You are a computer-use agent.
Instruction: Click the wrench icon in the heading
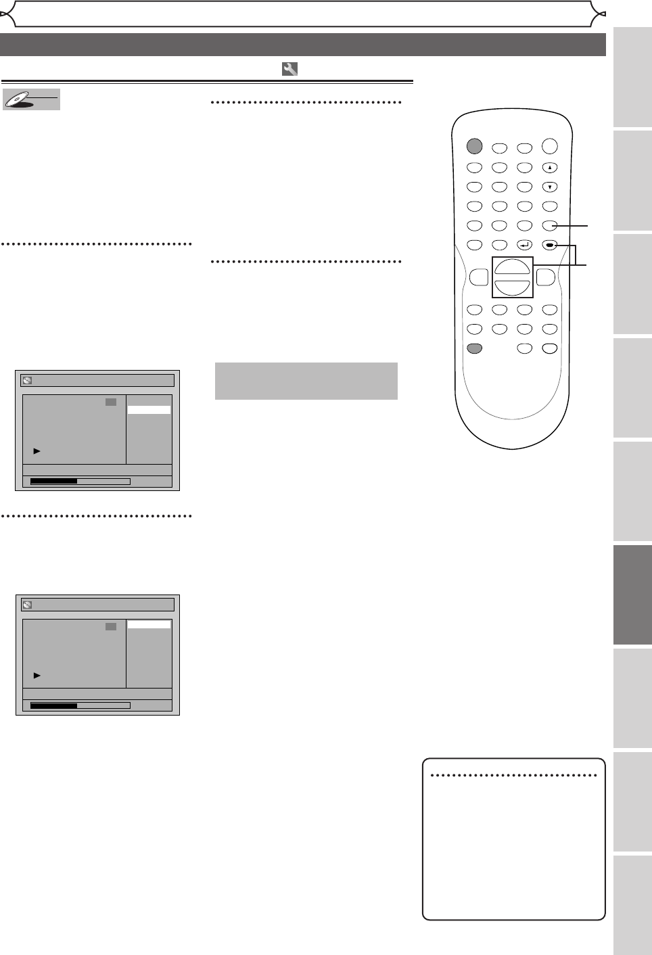[x=289, y=69]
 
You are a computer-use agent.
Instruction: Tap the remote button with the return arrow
[x=524, y=245]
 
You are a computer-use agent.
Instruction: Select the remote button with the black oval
[x=550, y=245]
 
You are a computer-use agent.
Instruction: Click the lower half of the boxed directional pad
[x=512, y=287]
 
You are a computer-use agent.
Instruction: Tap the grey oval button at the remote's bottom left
[x=474, y=349]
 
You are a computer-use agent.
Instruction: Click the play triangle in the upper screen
[x=37, y=450]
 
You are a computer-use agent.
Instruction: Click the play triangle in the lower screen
[x=37, y=675]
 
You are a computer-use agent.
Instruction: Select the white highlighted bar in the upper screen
[x=149, y=410]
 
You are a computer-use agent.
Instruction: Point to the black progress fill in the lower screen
[x=54, y=705]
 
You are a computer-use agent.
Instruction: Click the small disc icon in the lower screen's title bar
[x=27, y=605]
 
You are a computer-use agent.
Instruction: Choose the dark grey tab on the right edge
[x=632, y=595]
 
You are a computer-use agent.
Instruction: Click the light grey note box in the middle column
[x=306, y=381]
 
